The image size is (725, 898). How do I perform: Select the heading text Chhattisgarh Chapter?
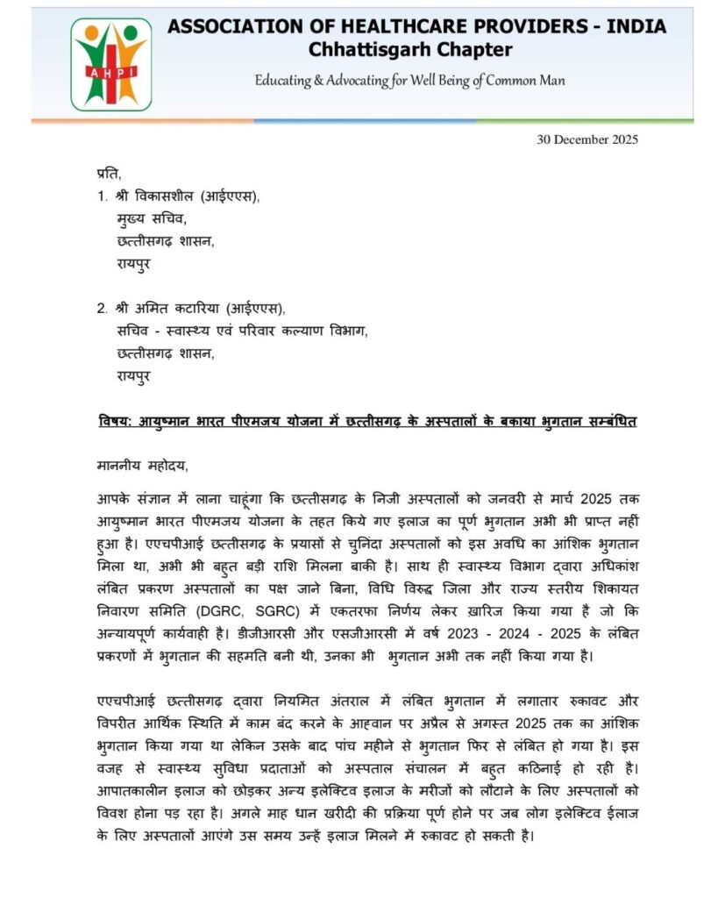coord(410,50)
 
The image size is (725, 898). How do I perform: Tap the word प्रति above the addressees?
coord(107,174)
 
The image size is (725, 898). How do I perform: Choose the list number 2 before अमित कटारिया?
coord(101,309)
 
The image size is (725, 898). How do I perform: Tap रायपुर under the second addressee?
coord(132,377)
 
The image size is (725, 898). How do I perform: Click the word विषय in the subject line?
coord(114,422)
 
